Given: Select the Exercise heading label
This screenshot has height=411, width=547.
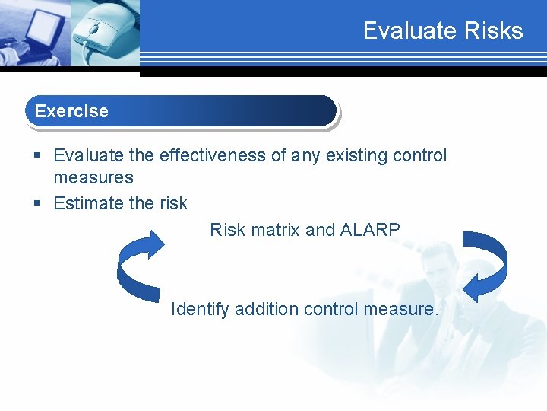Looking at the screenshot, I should coord(71,111).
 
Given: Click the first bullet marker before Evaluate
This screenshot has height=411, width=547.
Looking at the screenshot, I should coord(38,156).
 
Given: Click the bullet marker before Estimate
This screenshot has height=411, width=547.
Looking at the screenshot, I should coord(38,204).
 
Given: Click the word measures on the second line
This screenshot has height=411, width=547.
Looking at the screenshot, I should coord(93,177).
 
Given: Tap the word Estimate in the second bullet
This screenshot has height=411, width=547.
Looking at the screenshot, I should coord(87,203).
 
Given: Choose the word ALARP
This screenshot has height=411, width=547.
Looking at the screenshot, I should coord(375,229).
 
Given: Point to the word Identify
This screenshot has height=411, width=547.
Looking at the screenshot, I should coord(200,309).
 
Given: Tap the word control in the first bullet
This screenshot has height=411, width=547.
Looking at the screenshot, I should coord(420,155).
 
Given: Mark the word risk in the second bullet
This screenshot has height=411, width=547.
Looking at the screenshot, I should coord(173,203).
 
